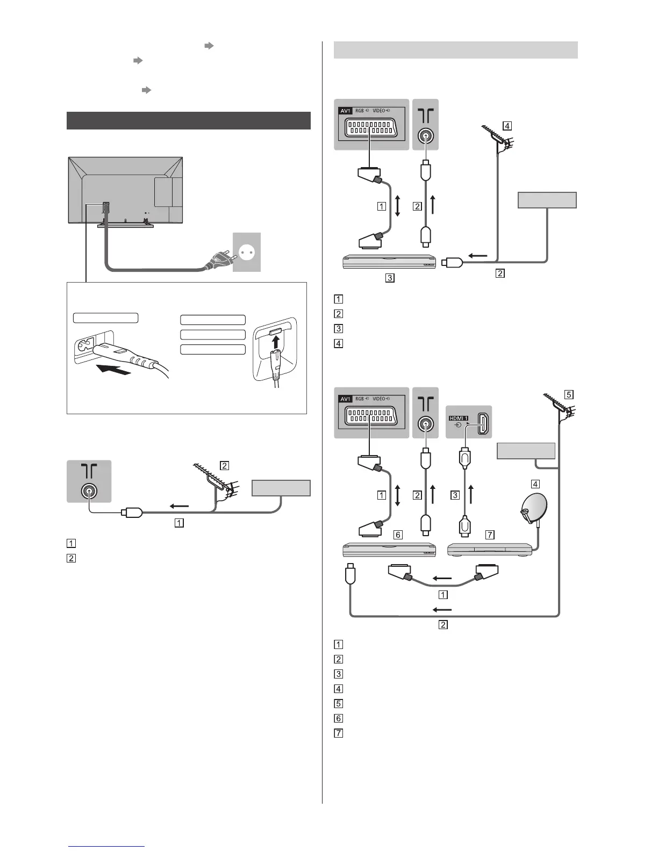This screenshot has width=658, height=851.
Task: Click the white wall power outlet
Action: [247, 252]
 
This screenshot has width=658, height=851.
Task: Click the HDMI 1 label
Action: [458, 417]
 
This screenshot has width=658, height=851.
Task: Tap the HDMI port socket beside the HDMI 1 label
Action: [482, 421]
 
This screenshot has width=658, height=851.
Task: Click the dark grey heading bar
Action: [189, 120]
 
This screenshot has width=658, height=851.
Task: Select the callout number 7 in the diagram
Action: [489, 535]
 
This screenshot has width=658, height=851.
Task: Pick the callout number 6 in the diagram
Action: [398, 535]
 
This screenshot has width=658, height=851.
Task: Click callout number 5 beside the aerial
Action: [569, 394]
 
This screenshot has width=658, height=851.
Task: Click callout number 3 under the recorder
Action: [390, 278]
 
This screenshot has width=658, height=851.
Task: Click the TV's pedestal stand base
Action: [125, 225]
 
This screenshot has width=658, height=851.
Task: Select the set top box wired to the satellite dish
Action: [489, 550]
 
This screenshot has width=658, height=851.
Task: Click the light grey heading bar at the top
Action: [455, 50]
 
